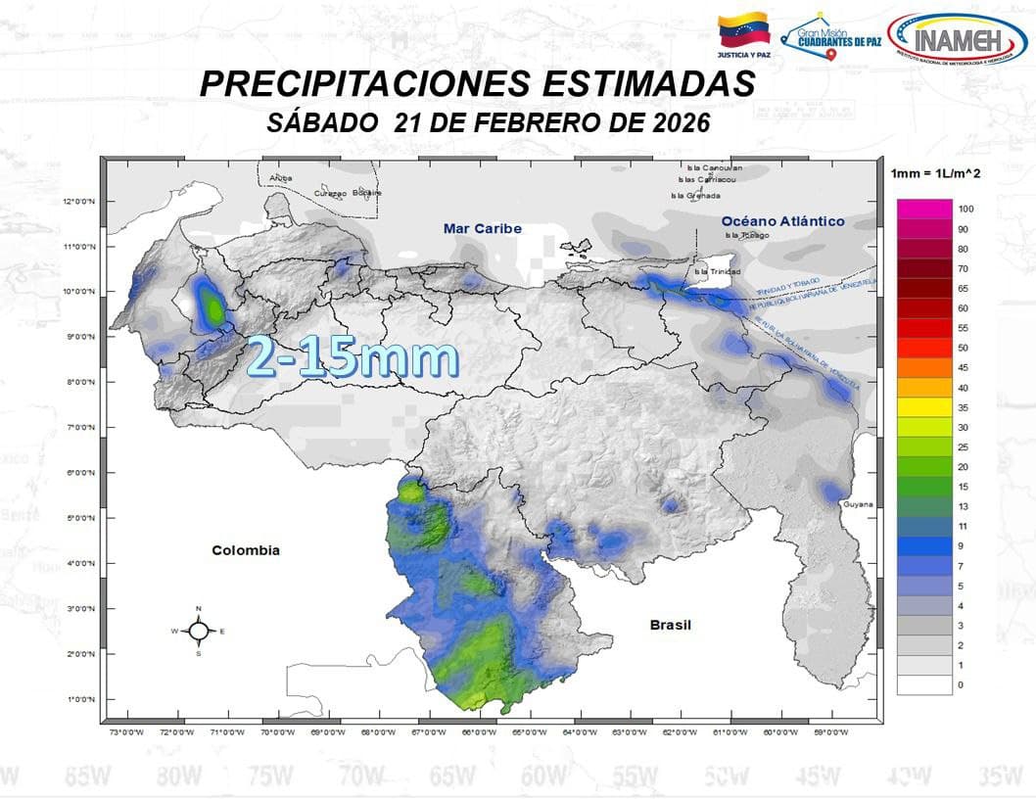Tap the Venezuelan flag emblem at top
click(744, 32)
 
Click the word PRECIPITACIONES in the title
click(353, 84)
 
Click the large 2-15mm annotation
click(353, 358)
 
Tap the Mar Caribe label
click(483, 228)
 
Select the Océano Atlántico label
click(783, 221)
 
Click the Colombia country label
click(246, 550)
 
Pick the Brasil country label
click(671, 625)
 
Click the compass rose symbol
click(198, 632)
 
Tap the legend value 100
click(965, 210)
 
